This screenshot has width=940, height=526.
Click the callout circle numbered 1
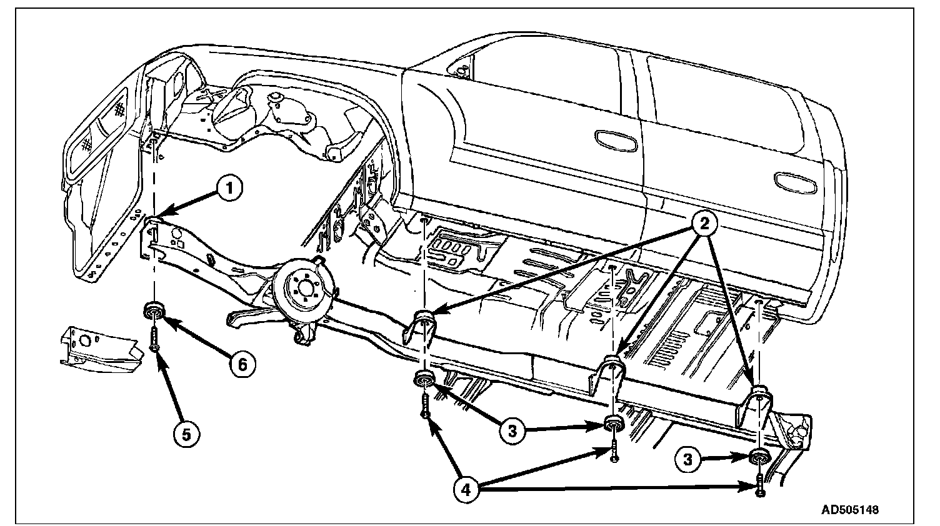[x=229, y=189]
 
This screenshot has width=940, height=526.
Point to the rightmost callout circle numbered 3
[x=687, y=460]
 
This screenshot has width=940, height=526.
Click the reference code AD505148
[x=849, y=509]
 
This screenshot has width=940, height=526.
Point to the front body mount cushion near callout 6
[x=154, y=309]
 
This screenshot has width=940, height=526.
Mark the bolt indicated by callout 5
[x=154, y=338]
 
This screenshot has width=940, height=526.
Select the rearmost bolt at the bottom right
[x=759, y=485]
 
